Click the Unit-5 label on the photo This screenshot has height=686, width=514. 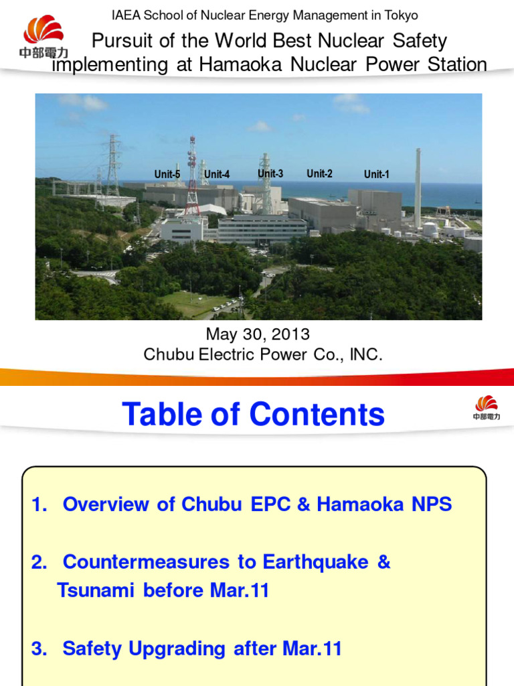pyautogui.click(x=167, y=174)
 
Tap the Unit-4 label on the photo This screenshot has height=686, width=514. pyautogui.click(x=217, y=174)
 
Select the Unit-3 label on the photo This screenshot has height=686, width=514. pyautogui.click(x=270, y=174)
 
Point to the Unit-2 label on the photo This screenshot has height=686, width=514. pyautogui.click(x=319, y=174)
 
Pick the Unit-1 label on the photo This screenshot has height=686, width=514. pyautogui.click(x=376, y=174)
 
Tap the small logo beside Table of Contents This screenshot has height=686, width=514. pyautogui.click(x=487, y=407)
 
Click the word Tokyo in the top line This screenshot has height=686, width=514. pyautogui.click(x=402, y=15)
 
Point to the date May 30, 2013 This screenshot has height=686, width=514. pyautogui.click(x=257, y=334)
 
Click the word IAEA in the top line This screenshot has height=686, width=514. pyautogui.click(x=124, y=15)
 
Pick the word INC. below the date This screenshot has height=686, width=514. pyautogui.click(x=366, y=354)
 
